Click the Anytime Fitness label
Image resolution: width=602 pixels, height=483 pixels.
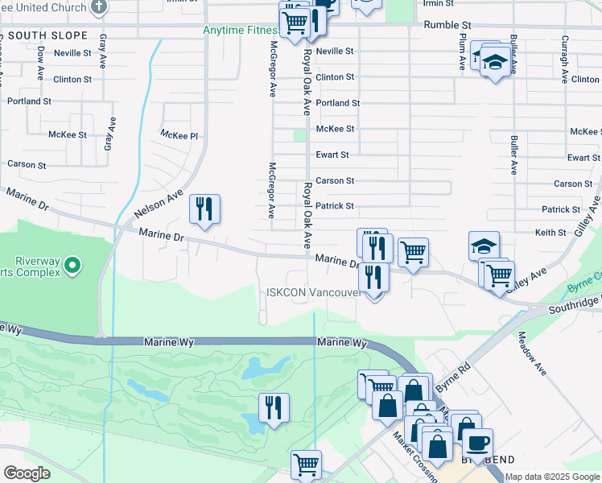[239, 31]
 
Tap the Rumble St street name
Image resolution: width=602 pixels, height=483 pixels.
[447, 26]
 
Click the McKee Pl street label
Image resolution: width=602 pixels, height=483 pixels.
[179, 135]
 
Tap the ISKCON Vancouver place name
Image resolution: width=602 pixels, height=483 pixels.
[314, 292]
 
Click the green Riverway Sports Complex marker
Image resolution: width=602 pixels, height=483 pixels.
[72, 264]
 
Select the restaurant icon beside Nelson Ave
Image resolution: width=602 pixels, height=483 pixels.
[204, 210]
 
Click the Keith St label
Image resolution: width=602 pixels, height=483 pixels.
[550, 233]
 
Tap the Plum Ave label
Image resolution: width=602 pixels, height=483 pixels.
[463, 52]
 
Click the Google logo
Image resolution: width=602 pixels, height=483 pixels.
[27, 473]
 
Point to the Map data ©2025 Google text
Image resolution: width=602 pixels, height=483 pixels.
[553, 477]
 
